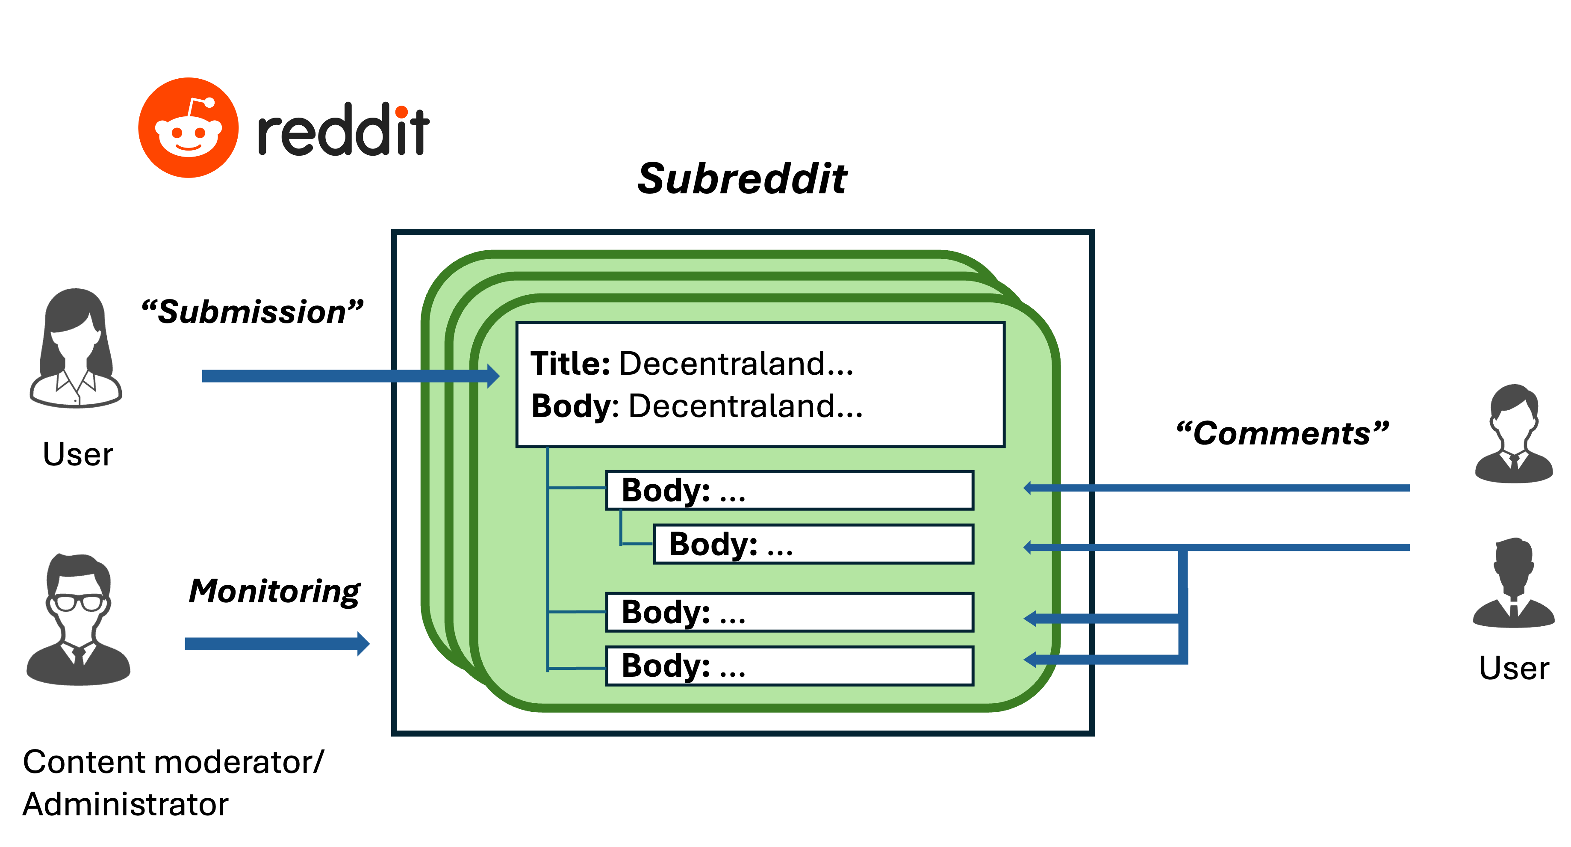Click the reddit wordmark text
343,130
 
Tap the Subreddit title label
742,178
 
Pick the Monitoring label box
274,591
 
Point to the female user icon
76,347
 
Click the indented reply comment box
813,544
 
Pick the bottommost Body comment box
789,666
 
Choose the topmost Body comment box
789,490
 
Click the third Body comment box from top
789,612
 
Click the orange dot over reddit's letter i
401,112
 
